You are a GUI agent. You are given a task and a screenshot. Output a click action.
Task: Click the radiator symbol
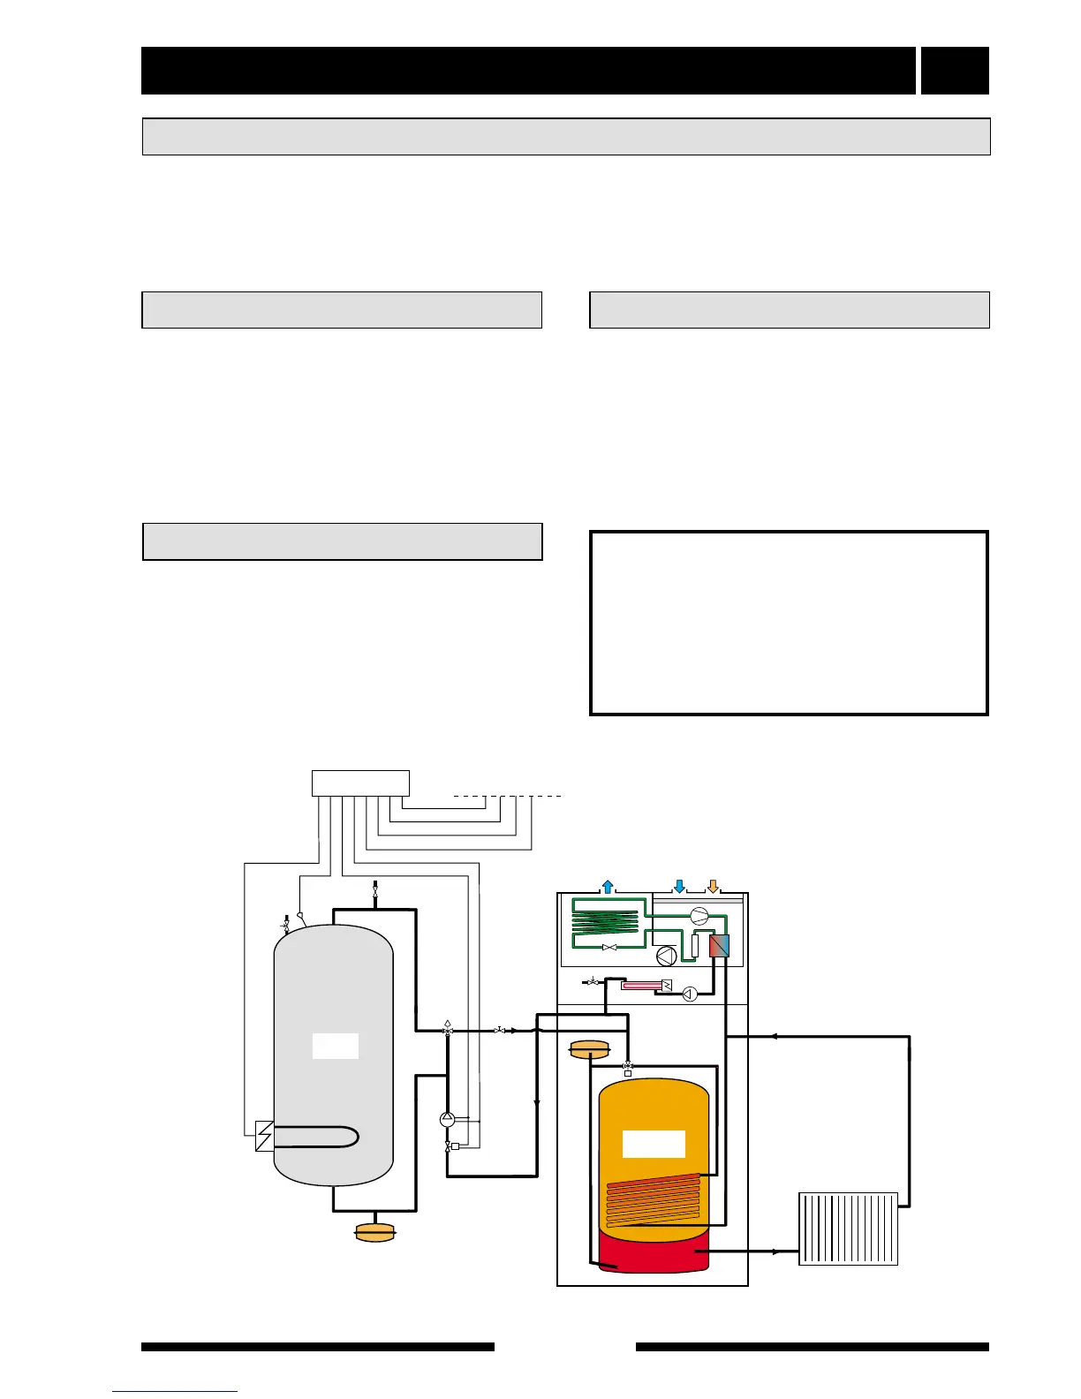[x=848, y=1229]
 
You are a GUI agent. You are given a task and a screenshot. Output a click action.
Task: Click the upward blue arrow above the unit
[x=607, y=886]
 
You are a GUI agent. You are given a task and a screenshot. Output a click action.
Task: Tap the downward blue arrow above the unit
[x=679, y=886]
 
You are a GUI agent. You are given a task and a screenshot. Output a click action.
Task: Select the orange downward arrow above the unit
[x=713, y=886]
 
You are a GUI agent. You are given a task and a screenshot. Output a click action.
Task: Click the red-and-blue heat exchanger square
[x=720, y=946]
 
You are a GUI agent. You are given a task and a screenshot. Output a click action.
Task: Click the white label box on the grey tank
[x=336, y=1046]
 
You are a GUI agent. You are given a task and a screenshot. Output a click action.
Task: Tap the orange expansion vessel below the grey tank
[x=374, y=1232]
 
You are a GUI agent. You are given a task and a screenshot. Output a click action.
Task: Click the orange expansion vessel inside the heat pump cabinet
[x=590, y=1050]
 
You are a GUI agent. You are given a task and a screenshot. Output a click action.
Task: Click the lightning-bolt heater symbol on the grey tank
[x=263, y=1136]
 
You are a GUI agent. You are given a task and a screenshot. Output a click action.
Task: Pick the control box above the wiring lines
[x=360, y=783]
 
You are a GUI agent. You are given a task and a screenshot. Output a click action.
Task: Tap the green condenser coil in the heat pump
[x=605, y=921]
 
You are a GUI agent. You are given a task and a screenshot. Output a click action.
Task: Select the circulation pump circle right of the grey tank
[x=447, y=1119]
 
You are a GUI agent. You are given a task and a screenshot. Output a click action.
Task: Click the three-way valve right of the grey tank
[x=448, y=1030]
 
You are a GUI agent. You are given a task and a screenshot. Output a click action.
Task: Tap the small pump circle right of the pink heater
[x=690, y=994]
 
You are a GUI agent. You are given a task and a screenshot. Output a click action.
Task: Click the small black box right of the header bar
[x=955, y=71]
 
